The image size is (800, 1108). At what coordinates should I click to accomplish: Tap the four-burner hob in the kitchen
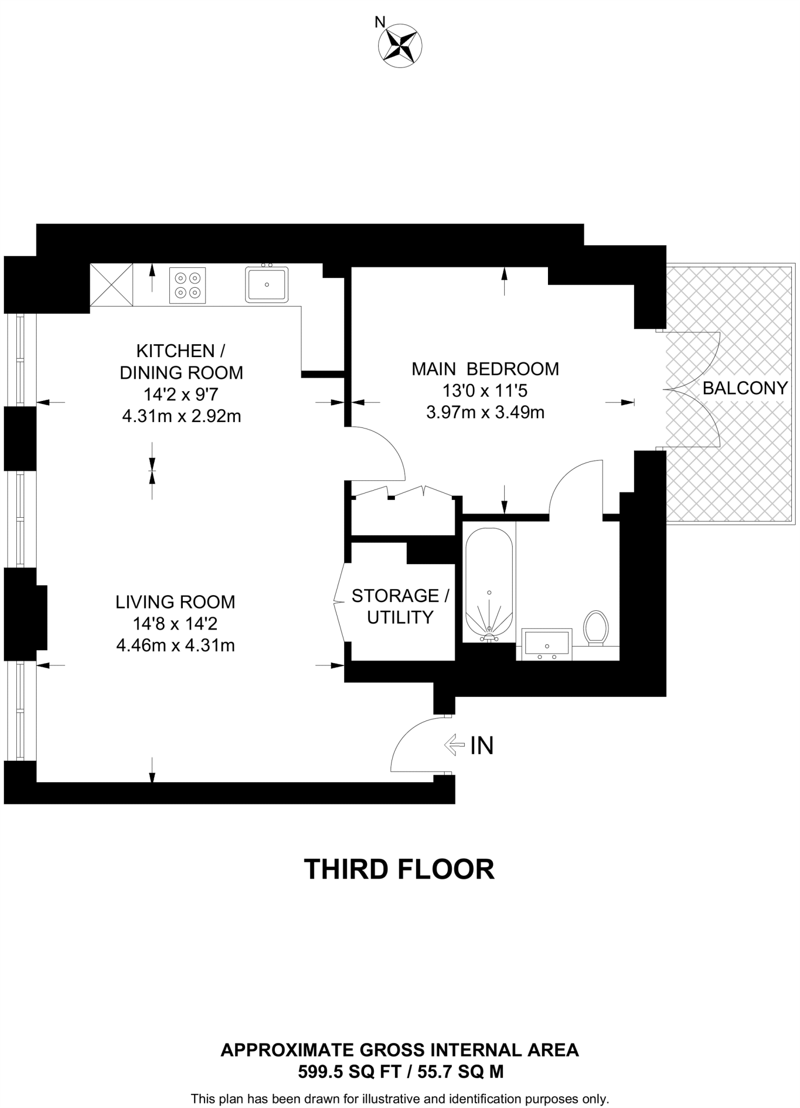click(x=188, y=285)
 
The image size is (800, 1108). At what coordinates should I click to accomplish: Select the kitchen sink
click(x=267, y=285)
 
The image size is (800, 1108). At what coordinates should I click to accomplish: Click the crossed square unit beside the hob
click(x=111, y=285)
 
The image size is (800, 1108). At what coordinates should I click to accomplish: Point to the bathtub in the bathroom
click(x=489, y=585)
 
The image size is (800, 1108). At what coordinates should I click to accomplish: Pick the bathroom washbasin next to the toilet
click(x=546, y=644)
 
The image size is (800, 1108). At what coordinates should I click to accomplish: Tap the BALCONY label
click(x=745, y=388)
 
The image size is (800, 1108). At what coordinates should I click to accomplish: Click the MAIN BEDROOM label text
click(x=485, y=369)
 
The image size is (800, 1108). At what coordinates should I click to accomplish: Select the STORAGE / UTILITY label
click(x=400, y=606)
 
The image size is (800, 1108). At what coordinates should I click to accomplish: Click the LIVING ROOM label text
click(x=175, y=602)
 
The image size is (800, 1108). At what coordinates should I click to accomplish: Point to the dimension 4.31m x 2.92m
click(x=181, y=416)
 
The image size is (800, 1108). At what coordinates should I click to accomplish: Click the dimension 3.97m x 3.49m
click(x=485, y=413)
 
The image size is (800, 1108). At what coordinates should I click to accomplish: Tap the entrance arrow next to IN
click(x=454, y=745)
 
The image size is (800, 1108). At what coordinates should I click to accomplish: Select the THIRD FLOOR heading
click(x=399, y=869)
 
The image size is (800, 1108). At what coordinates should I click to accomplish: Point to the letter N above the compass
click(x=380, y=22)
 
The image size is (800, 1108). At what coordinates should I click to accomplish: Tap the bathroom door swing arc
click(x=571, y=478)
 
